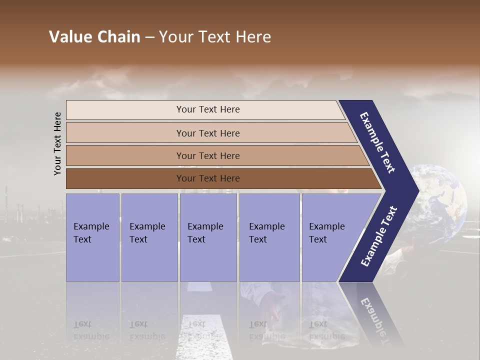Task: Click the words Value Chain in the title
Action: [94, 37]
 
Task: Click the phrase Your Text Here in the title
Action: [215, 37]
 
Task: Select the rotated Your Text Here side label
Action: [57, 144]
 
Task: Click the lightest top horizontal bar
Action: [207, 109]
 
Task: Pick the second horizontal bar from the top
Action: [207, 133]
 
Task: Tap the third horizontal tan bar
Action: [207, 155]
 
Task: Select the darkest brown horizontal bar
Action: [207, 178]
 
